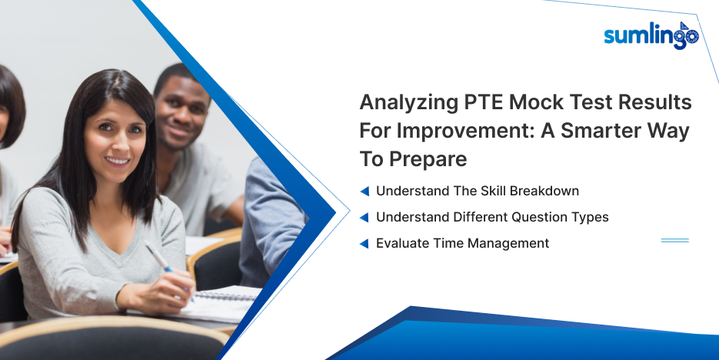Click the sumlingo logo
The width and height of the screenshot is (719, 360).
pyautogui.click(x=651, y=35)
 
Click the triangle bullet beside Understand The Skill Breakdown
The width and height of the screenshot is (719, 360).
pyautogui.click(x=364, y=192)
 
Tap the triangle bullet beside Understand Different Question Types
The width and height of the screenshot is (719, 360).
pyautogui.click(x=364, y=218)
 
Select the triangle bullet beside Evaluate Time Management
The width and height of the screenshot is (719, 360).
pyautogui.click(x=364, y=244)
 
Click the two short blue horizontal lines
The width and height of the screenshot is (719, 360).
pyautogui.click(x=675, y=240)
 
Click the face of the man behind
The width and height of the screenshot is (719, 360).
pyautogui.click(x=182, y=112)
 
